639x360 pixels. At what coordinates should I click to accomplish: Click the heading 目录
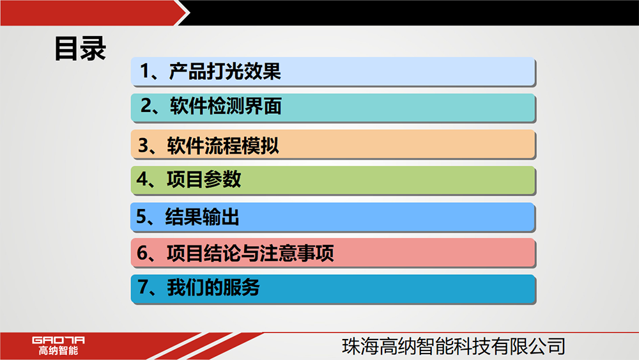(81, 49)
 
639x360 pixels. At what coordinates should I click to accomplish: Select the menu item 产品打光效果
(225, 72)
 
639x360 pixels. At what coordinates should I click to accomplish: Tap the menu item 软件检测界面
(226, 106)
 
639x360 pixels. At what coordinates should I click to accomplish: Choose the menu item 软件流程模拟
(223, 146)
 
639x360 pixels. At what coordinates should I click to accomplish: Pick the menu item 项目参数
(204, 180)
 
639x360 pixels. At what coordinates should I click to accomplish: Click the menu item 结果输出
(202, 217)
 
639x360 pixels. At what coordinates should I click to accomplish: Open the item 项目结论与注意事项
(250, 253)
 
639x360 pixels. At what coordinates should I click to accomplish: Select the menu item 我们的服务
(213, 287)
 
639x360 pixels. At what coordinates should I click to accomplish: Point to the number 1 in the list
(145, 71)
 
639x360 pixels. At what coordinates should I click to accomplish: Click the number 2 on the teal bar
(146, 106)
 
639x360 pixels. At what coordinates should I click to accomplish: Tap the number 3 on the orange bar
(143, 145)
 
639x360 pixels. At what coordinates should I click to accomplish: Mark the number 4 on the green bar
(142, 179)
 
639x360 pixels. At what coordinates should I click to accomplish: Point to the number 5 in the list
(141, 217)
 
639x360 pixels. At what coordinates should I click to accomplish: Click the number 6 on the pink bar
(142, 253)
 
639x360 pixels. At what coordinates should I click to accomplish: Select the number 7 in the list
(143, 286)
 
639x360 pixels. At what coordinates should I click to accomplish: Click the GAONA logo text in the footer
(58, 340)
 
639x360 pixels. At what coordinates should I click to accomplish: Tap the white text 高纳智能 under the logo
(58, 350)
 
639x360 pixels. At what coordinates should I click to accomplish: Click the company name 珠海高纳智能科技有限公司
(454, 346)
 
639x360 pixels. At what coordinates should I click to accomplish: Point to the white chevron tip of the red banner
(190, 13)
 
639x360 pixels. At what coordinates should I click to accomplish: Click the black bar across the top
(412, 13)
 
